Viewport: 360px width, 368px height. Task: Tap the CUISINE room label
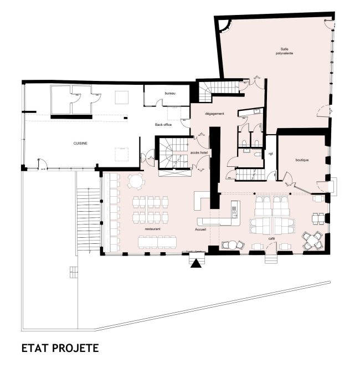pos(81,143)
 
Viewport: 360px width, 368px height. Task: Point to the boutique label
pos(301,161)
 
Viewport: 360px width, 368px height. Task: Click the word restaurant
pos(153,228)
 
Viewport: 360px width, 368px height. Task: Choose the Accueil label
pos(201,228)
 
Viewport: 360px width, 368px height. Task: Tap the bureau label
pos(169,93)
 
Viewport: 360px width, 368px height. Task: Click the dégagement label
pos(214,114)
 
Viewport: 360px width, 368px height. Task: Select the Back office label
pos(163,125)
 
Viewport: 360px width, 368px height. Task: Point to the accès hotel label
pos(198,152)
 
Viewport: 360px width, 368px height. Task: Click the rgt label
pos(271,154)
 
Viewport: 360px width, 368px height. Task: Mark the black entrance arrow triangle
pos(196,264)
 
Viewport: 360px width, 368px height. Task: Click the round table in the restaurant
pos(136,181)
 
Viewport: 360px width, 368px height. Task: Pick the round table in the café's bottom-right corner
pos(312,240)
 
